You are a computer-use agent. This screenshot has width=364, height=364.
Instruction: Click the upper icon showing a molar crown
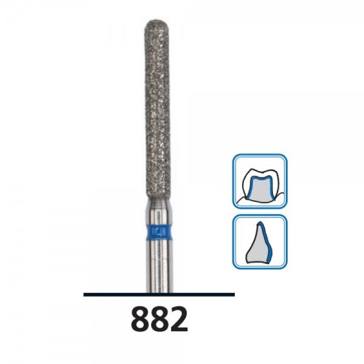259,181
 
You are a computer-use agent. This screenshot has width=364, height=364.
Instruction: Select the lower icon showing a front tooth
259,242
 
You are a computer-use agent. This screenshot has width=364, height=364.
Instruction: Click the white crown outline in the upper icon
260,172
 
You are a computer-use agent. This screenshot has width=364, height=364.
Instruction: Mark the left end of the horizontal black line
84,294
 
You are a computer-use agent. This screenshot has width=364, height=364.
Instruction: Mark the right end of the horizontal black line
234,294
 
